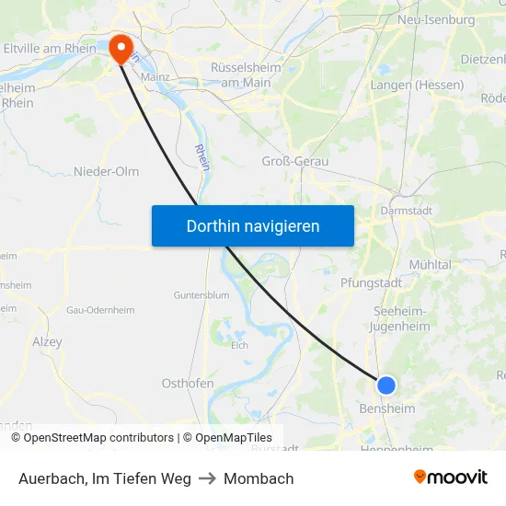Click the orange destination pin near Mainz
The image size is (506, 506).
click(x=121, y=48)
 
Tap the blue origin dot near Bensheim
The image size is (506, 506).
click(x=386, y=385)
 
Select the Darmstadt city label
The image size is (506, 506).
click(x=405, y=210)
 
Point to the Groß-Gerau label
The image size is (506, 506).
click(x=295, y=161)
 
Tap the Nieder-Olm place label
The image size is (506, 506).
click(x=107, y=171)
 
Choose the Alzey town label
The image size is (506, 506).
click(x=47, y=341)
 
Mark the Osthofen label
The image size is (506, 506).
click(x=188, y=383)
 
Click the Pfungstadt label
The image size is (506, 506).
click(x=371, y=282)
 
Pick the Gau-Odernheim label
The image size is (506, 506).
click(x=100, y=310)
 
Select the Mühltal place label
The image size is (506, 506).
click(x=430, y=264)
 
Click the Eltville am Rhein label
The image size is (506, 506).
click(x=49, y=47)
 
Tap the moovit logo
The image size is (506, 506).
click(x=450, y=477)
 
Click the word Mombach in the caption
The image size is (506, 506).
click(x=259, y=478)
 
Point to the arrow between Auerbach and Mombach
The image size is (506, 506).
click(x=207, y=478)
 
